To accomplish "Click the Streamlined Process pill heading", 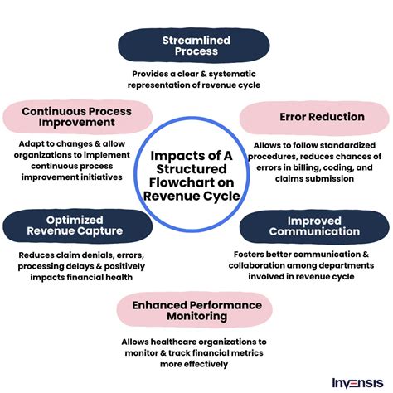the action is (x=194, y=46).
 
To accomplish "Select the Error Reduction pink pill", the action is (x=314, y=117).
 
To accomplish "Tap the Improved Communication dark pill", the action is (x=314, y=226).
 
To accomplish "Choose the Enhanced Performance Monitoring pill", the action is (x=195, y=310).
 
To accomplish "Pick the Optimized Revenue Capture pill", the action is (x=78, y=226).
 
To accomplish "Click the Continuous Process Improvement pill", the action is (x=77, y=117).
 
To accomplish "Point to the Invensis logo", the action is (x=357, y=383).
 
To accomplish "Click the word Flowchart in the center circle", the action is (x=192, y=182).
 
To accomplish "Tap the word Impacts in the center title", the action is (x=173, y=156).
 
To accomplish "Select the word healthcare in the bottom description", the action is (x=174, y=342).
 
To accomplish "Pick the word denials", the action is (x=96, y=255).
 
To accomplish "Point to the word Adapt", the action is (x=29, y=144).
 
